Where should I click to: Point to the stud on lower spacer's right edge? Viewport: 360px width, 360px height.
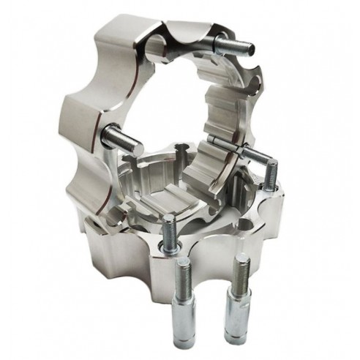pyautogui.click(x=270, y=176)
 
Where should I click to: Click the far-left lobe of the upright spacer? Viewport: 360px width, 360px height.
pyautogui.click(x=80, y=117)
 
